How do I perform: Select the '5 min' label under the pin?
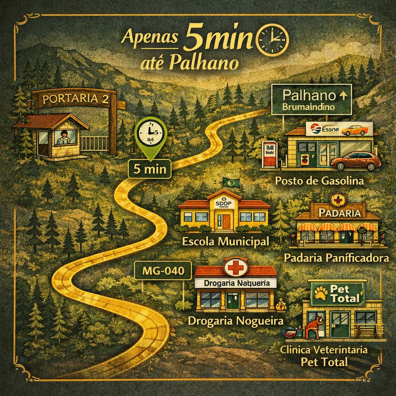point(150,169)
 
